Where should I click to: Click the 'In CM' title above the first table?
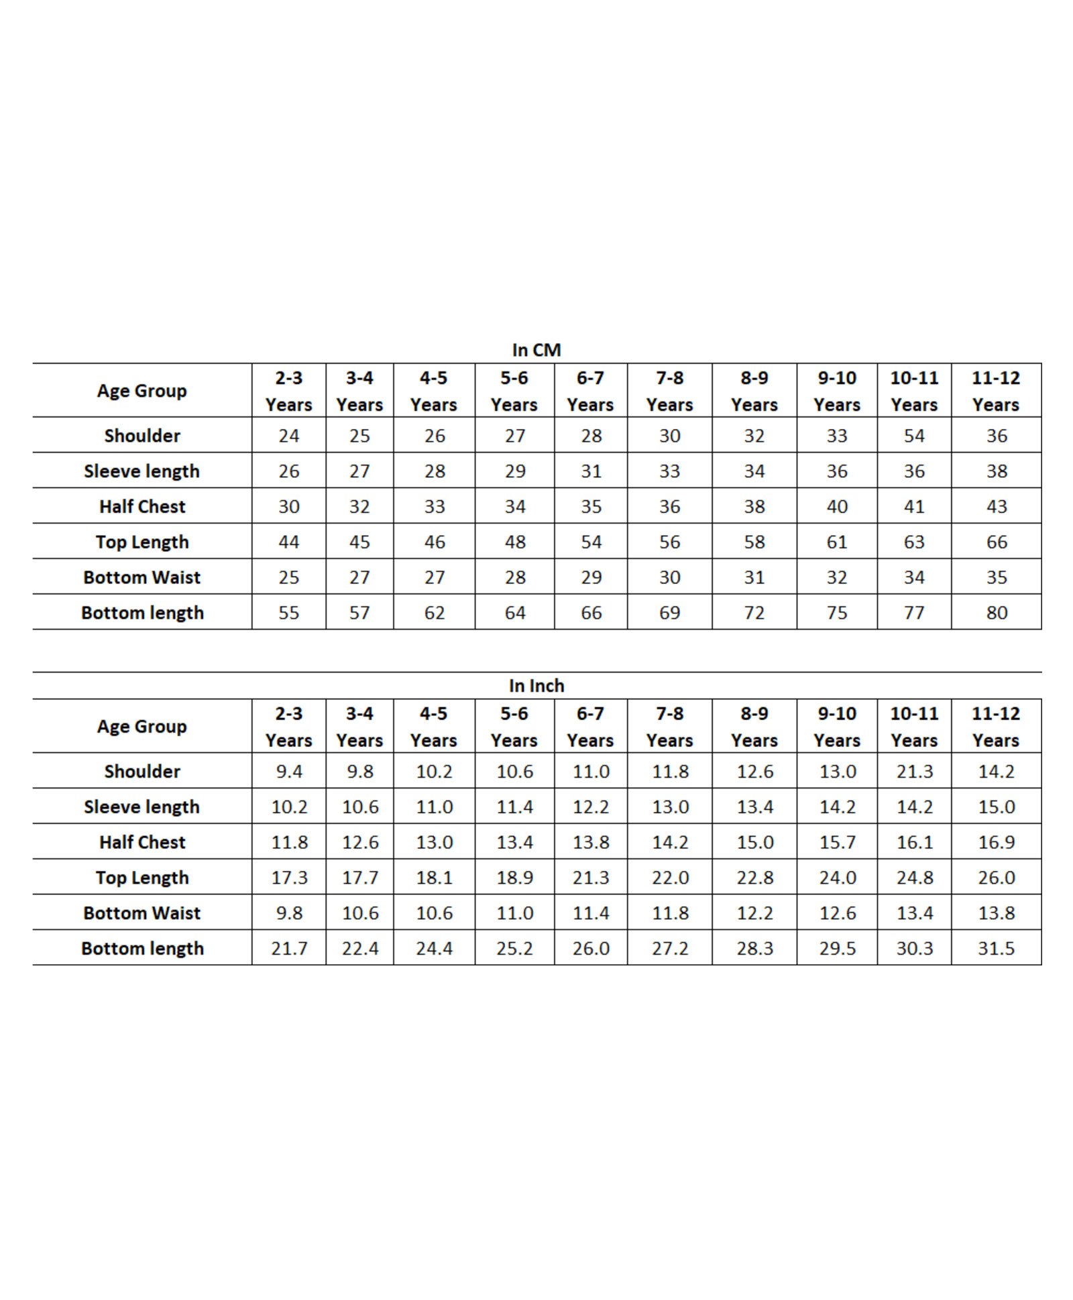536,350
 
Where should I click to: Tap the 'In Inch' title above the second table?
536,686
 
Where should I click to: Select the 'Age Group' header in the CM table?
142,391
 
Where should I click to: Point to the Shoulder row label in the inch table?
142,772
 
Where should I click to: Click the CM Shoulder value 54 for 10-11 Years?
914,436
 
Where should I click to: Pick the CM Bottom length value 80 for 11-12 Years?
997,613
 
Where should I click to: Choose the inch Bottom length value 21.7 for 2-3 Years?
289,949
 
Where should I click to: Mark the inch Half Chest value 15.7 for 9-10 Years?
837,843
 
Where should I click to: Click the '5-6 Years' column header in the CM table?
514,391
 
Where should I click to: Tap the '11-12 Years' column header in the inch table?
996,727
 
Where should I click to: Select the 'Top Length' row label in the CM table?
142,542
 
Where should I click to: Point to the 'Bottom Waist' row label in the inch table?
142,913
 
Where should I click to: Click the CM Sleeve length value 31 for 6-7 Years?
591,471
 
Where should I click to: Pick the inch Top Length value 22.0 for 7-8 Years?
670,878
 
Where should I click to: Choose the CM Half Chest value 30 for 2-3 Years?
289,507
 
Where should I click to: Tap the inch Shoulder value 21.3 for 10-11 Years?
914,772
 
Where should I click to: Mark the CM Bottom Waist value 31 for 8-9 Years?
754,577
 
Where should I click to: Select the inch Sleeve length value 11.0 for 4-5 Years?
434,807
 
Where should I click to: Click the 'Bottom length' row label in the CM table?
142,613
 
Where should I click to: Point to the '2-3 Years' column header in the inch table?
289,727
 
